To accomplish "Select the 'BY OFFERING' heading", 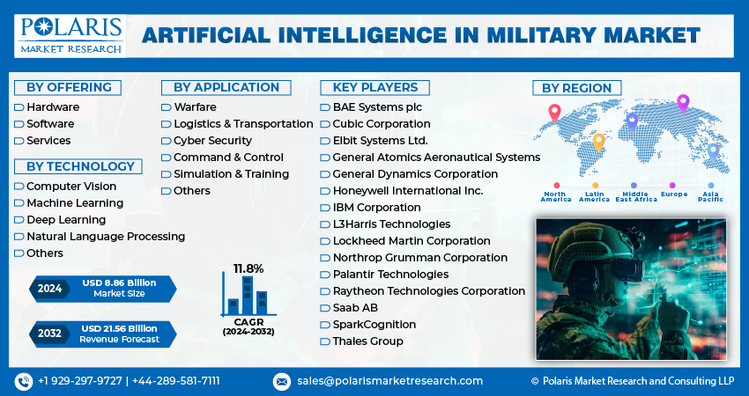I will coord(69,87).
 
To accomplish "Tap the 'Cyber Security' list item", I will coord(212,140).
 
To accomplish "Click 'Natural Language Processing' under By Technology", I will coord(106,236).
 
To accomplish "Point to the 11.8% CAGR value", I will coord(248,268).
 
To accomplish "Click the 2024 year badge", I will coord(50,288).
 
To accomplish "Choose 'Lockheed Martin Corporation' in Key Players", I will coord(412,240).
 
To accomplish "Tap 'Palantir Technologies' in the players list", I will coord(390,274).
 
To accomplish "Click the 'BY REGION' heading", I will coord(577,87).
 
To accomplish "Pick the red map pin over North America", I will coord(554,113).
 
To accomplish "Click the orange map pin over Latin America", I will coord(598,142).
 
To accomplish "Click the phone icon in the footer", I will coord(23,381).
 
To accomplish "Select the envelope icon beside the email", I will coord(282,381).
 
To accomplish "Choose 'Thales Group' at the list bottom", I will coord(367,341).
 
